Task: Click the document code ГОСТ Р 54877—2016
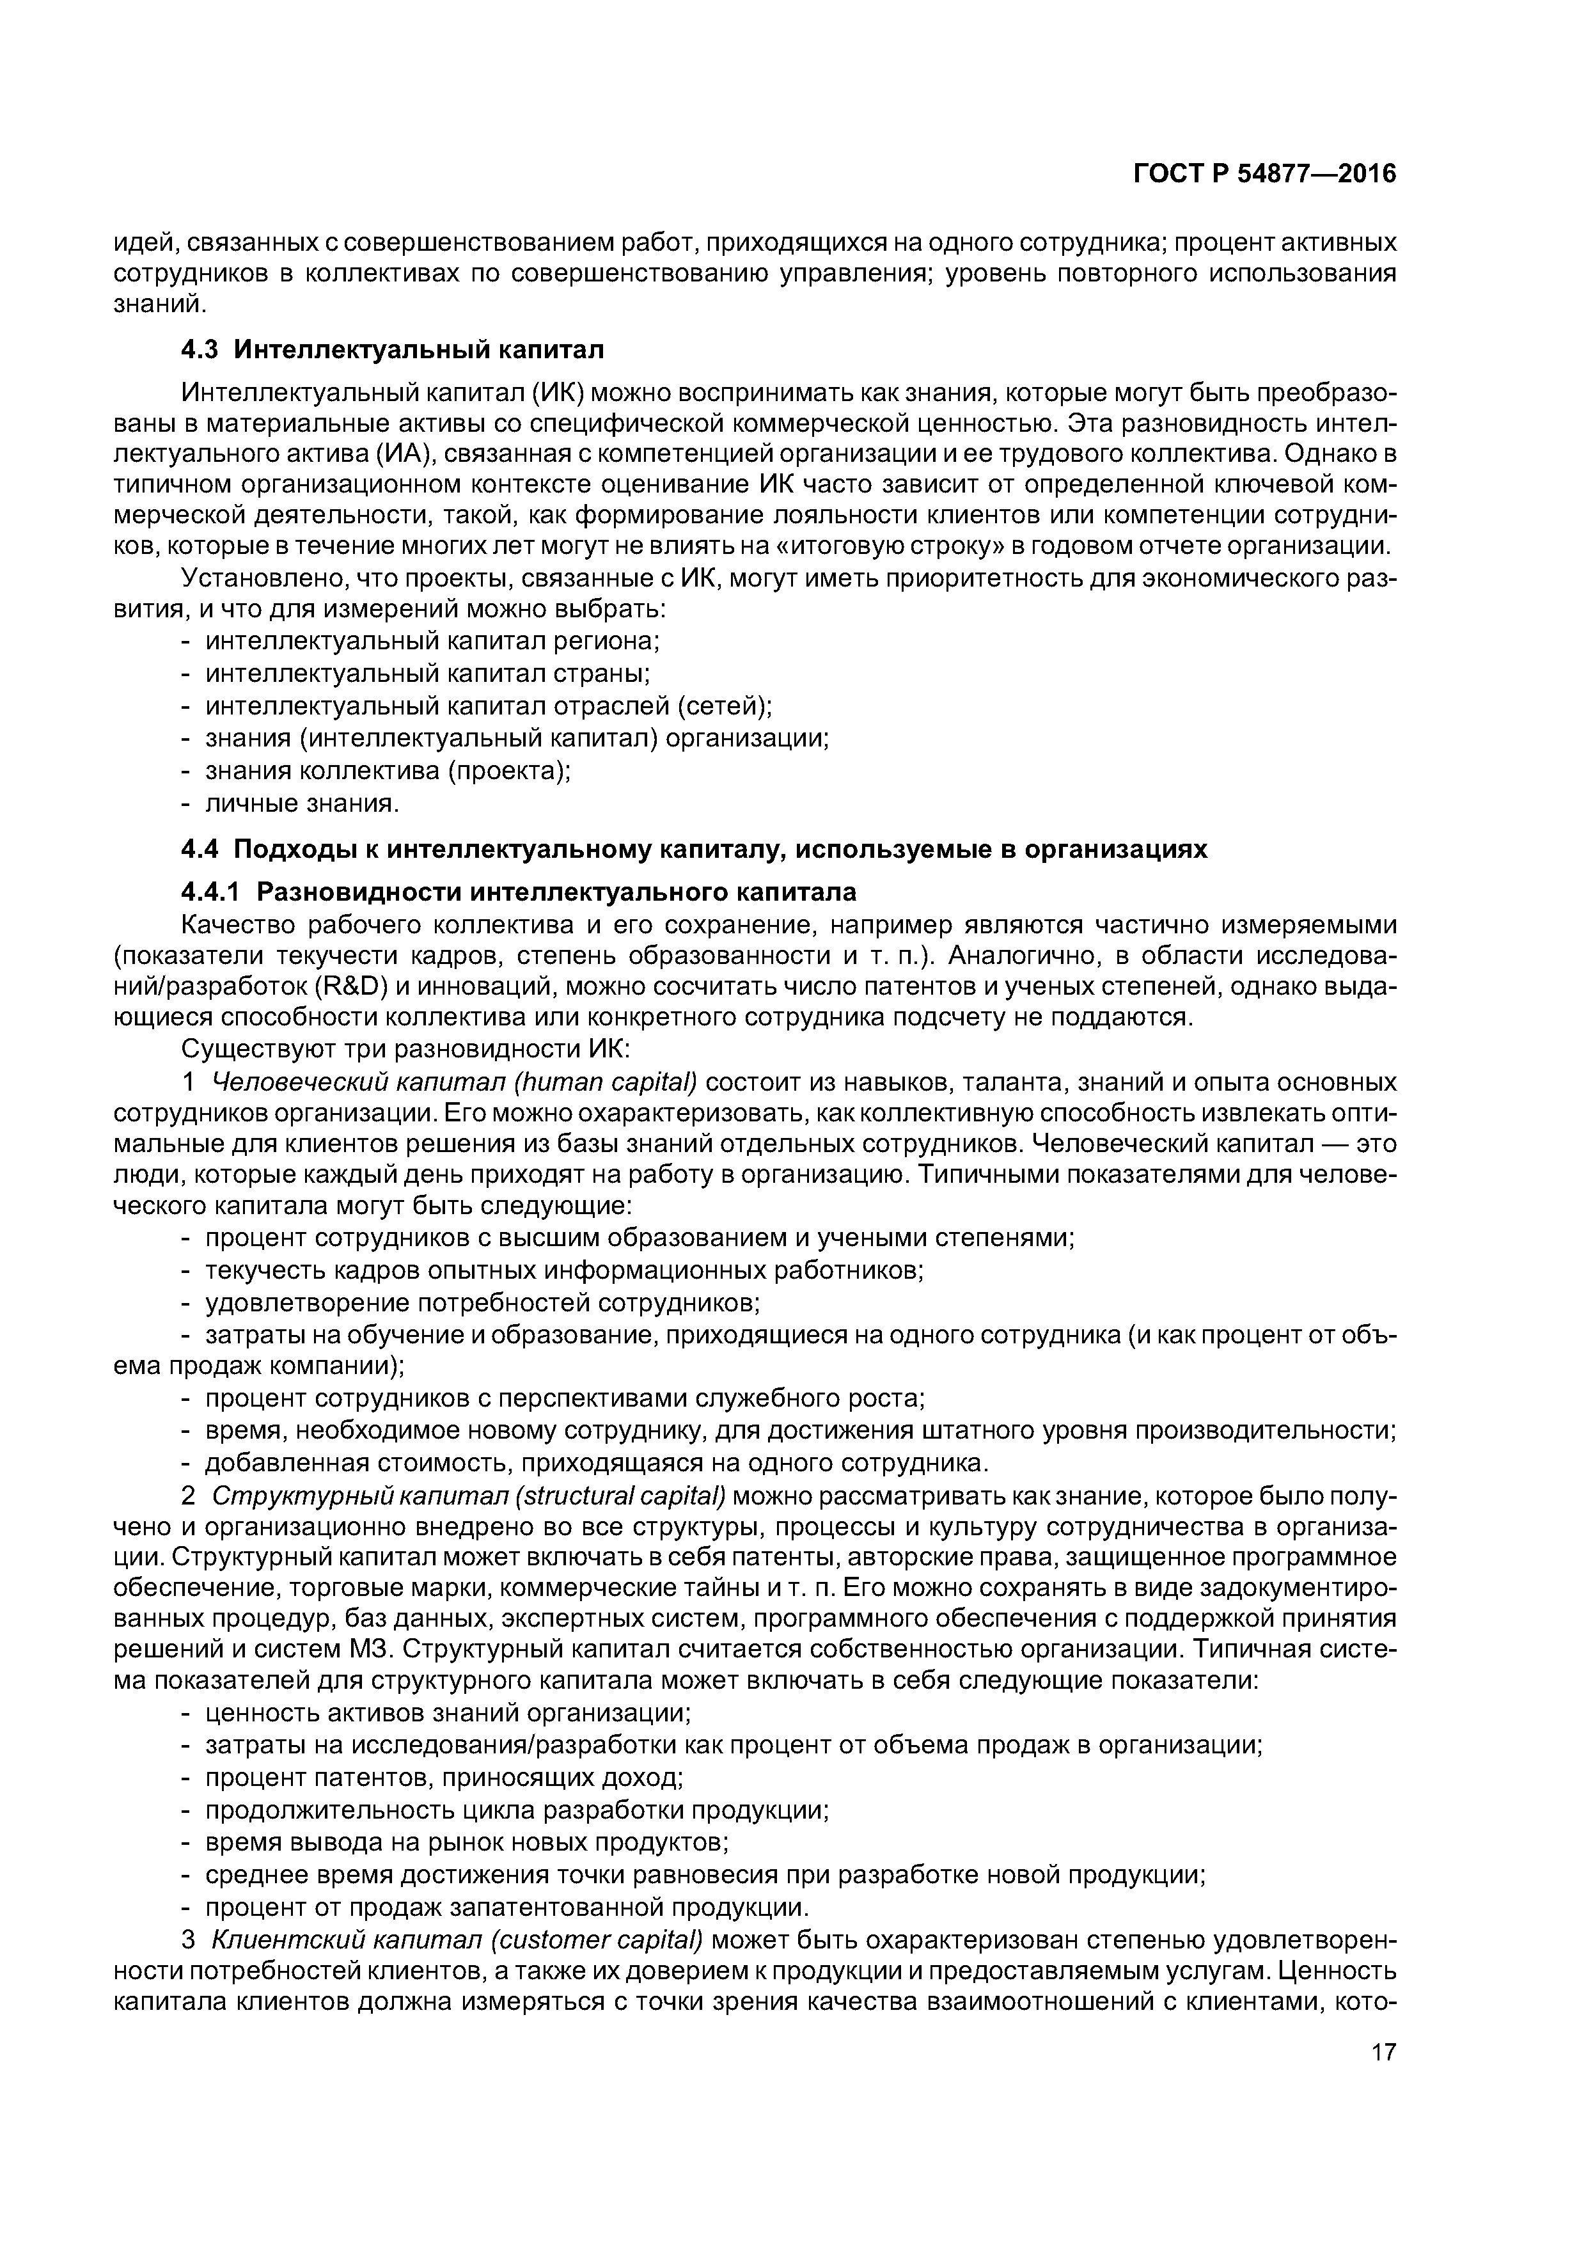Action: pyautogui.click(x=1264, y=174)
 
